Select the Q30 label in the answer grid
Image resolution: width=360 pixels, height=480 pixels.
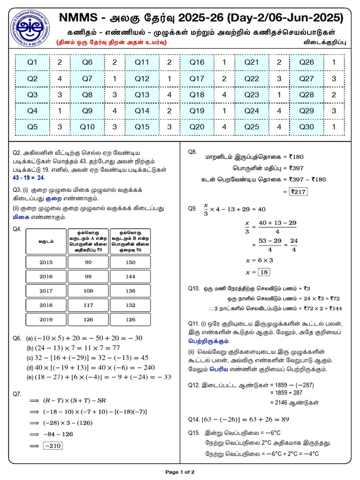pos(307,127)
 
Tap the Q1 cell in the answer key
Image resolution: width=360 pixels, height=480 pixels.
pos(32,62)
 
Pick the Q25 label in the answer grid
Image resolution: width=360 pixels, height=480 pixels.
pos(252,127)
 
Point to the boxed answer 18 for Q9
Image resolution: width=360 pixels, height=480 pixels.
pos(264,272)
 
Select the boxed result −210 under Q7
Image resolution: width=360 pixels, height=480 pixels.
pos(52,446)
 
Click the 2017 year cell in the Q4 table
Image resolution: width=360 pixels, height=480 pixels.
pos(46,291)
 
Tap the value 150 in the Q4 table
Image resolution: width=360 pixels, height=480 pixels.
pos(130,262)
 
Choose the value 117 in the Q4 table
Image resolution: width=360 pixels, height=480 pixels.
pos(88,305)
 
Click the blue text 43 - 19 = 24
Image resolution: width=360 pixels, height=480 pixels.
pos(28,178)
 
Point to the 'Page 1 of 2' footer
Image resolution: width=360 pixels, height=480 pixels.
pos(180,472)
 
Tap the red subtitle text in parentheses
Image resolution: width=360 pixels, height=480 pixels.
pos(111,43)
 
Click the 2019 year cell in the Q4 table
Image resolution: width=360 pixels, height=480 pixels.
pos(46,320)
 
